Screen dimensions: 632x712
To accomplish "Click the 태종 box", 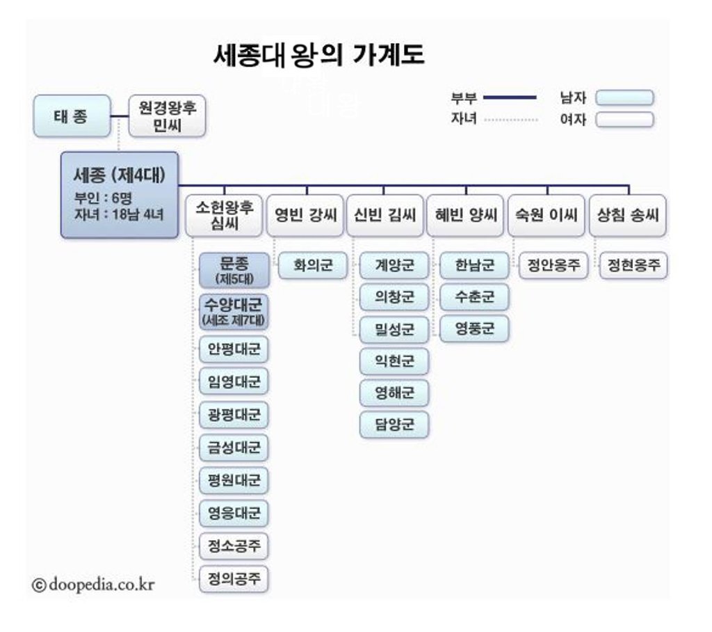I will pos(72,116).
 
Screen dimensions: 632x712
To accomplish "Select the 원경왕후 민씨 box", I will pos(168,116).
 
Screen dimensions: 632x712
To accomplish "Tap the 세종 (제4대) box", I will pos(120,195).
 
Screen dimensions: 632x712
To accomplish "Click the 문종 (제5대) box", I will pos(234,270).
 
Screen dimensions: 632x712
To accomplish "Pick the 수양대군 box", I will pos(234,312).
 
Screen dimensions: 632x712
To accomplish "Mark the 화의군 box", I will pos(313,265).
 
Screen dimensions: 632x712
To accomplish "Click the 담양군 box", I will pos(394,424).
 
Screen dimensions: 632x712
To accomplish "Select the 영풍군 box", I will pos(474,329).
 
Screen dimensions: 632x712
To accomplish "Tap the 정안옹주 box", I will pos(553,265).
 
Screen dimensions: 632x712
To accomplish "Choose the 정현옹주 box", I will pos(633,265).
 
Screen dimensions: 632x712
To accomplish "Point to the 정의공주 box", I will pos(234,578).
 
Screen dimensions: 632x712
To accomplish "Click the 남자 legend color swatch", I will pos(624,98).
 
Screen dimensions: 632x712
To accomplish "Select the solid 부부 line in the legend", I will pos(510,97).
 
